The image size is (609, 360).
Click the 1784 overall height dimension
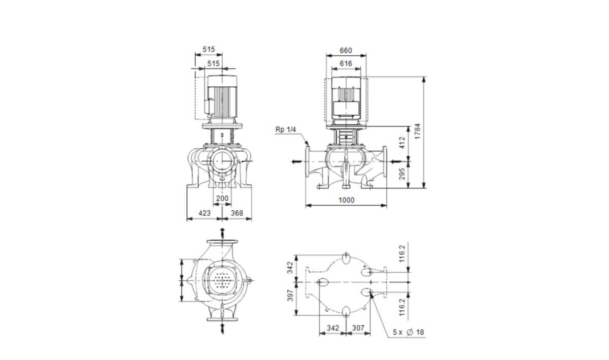417,132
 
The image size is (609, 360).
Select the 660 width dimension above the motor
346,51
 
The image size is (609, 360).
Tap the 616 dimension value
346,63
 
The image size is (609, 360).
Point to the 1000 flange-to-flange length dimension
346,200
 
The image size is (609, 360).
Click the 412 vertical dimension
402,143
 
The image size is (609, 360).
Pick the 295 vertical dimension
402,174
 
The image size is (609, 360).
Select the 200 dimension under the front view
222,199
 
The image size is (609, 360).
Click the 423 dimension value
205,213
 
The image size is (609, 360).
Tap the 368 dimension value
237,213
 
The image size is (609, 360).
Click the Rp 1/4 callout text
285,129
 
